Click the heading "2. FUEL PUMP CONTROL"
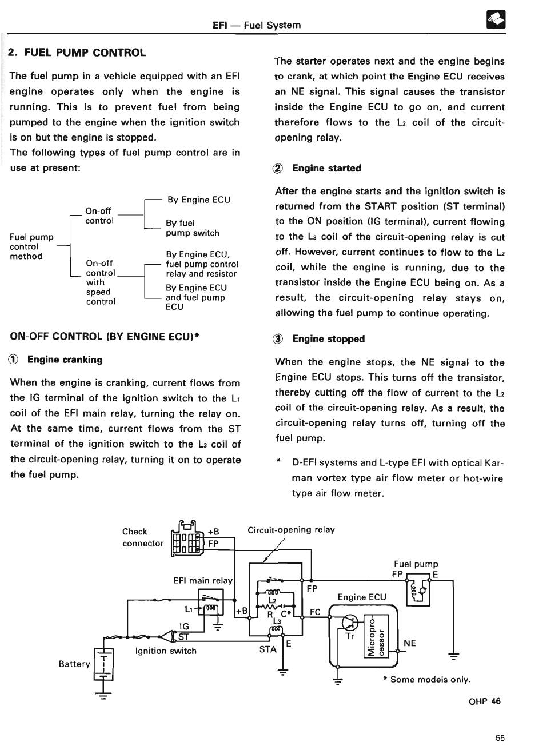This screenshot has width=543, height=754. pos(77,53)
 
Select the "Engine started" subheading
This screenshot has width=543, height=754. pos(326,168)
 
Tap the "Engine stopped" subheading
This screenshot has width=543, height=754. pos(328,339)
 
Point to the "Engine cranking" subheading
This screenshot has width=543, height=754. pos(65,360)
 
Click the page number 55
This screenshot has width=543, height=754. pos(500,738)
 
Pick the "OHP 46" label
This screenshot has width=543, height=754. pos(484,701)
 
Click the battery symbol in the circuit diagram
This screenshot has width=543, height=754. pos(103,664)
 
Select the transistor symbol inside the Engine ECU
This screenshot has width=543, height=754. pos(349,623)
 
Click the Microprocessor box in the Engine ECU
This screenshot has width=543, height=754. pos(376,635)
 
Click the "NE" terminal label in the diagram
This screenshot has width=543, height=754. pos(409,643)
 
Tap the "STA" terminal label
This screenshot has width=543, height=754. pos(267,649)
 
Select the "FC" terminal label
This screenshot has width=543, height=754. pos(315,612)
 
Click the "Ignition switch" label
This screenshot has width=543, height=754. pos(165,651)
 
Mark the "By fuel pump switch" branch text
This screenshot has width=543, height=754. pos(192,228)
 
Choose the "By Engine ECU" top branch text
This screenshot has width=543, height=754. pos(198,200)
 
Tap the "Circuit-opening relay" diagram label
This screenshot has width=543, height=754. pos(291,529)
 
